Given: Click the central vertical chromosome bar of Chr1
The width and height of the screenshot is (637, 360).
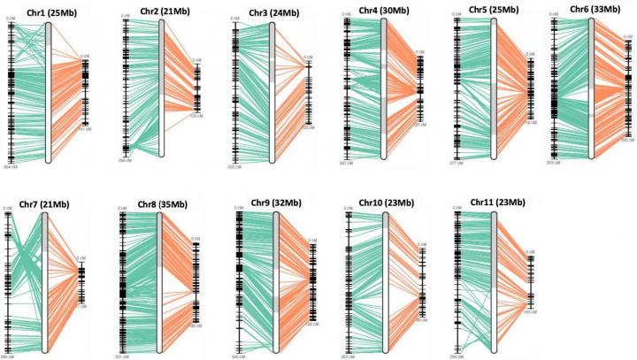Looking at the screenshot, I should click(49, 93).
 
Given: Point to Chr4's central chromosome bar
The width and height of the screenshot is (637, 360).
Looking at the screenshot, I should click(385, 88).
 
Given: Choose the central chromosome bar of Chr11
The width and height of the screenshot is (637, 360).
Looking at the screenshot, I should click(493, 283).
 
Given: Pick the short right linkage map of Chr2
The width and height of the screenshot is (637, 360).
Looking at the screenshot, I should click(196, 88).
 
